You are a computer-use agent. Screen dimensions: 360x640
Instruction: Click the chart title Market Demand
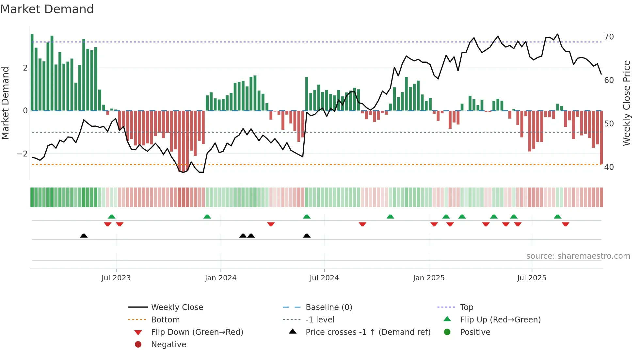point(47,9)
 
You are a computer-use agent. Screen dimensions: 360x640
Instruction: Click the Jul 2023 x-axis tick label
point(116,278)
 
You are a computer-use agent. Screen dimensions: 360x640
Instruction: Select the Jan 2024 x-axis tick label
point(220,278)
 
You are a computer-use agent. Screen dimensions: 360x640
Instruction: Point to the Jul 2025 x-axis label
point(532,278)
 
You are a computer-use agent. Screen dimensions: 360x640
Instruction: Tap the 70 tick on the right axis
point(609,37)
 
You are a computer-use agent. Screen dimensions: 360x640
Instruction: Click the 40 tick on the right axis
point(609,167)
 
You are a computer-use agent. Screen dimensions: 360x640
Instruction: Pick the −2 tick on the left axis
point(22,154)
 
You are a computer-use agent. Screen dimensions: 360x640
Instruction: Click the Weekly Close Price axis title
point(626,103)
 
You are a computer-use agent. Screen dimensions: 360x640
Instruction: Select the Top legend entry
point(466,307)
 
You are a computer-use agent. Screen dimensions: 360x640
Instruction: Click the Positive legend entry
point(475,332)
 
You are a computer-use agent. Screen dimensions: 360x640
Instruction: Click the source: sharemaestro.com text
point(578,256)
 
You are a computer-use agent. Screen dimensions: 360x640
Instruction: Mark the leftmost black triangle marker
point(84,236)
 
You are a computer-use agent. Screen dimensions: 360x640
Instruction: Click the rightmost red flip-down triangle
point(566,224)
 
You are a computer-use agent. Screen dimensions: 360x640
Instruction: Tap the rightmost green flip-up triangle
point(557,217)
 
